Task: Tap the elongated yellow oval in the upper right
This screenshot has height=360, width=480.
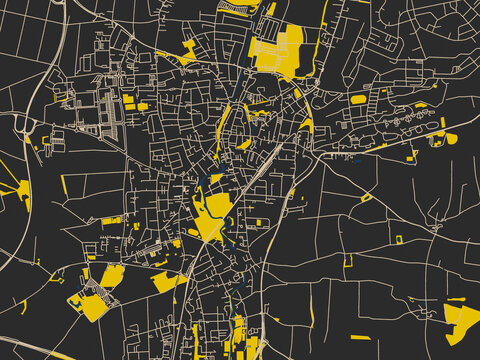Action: (x=358, y=99)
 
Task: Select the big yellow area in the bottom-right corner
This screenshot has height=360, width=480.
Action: (x=461, y=322)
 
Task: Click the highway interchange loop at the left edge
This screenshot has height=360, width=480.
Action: (x=22, y=125)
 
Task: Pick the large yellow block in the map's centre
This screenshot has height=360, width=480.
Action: (x=213, y=215)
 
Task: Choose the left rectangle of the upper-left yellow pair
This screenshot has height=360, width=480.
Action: (x=128, y=99)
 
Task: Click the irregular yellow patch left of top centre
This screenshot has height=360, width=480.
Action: (x=187, y=49)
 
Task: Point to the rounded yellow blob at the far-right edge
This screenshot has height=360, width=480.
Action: (x=451, y=138)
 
